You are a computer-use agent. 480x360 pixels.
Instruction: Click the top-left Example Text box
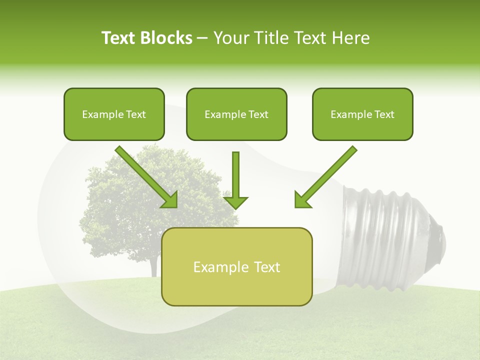114,114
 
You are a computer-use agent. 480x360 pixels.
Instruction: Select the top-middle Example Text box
236,114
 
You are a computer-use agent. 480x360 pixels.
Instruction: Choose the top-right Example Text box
362,114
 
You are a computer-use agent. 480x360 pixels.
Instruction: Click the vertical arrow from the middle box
235,175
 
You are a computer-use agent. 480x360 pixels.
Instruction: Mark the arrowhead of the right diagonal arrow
301,200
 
